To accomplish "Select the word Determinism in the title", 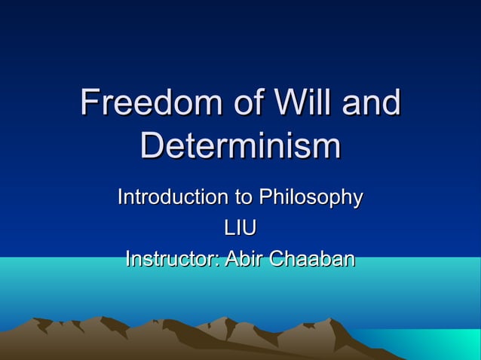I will coord(240,147).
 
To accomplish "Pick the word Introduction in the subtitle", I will coord(173,198).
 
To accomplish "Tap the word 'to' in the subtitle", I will coord(243,198).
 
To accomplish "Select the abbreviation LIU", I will coord(240,228).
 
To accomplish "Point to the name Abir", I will coord(246,259).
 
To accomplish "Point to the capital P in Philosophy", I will coord(265,198).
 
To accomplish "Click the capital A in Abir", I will coord(231,259).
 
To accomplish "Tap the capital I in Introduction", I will coord(121,198).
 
